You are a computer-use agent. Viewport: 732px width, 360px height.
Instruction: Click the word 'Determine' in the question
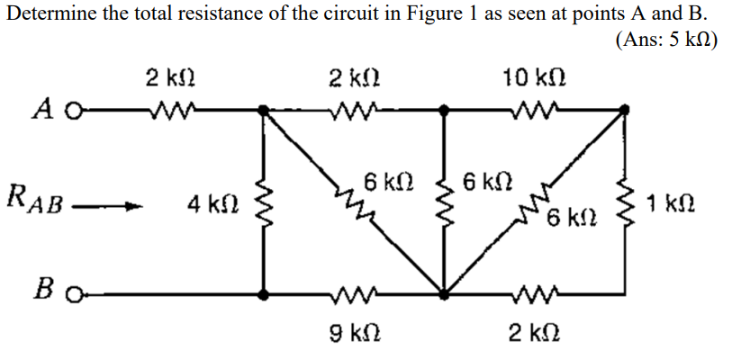pyautogui.click(x=44, y=13)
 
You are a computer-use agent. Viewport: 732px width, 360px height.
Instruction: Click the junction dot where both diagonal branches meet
pyautogui.click(x=444, y=293)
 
